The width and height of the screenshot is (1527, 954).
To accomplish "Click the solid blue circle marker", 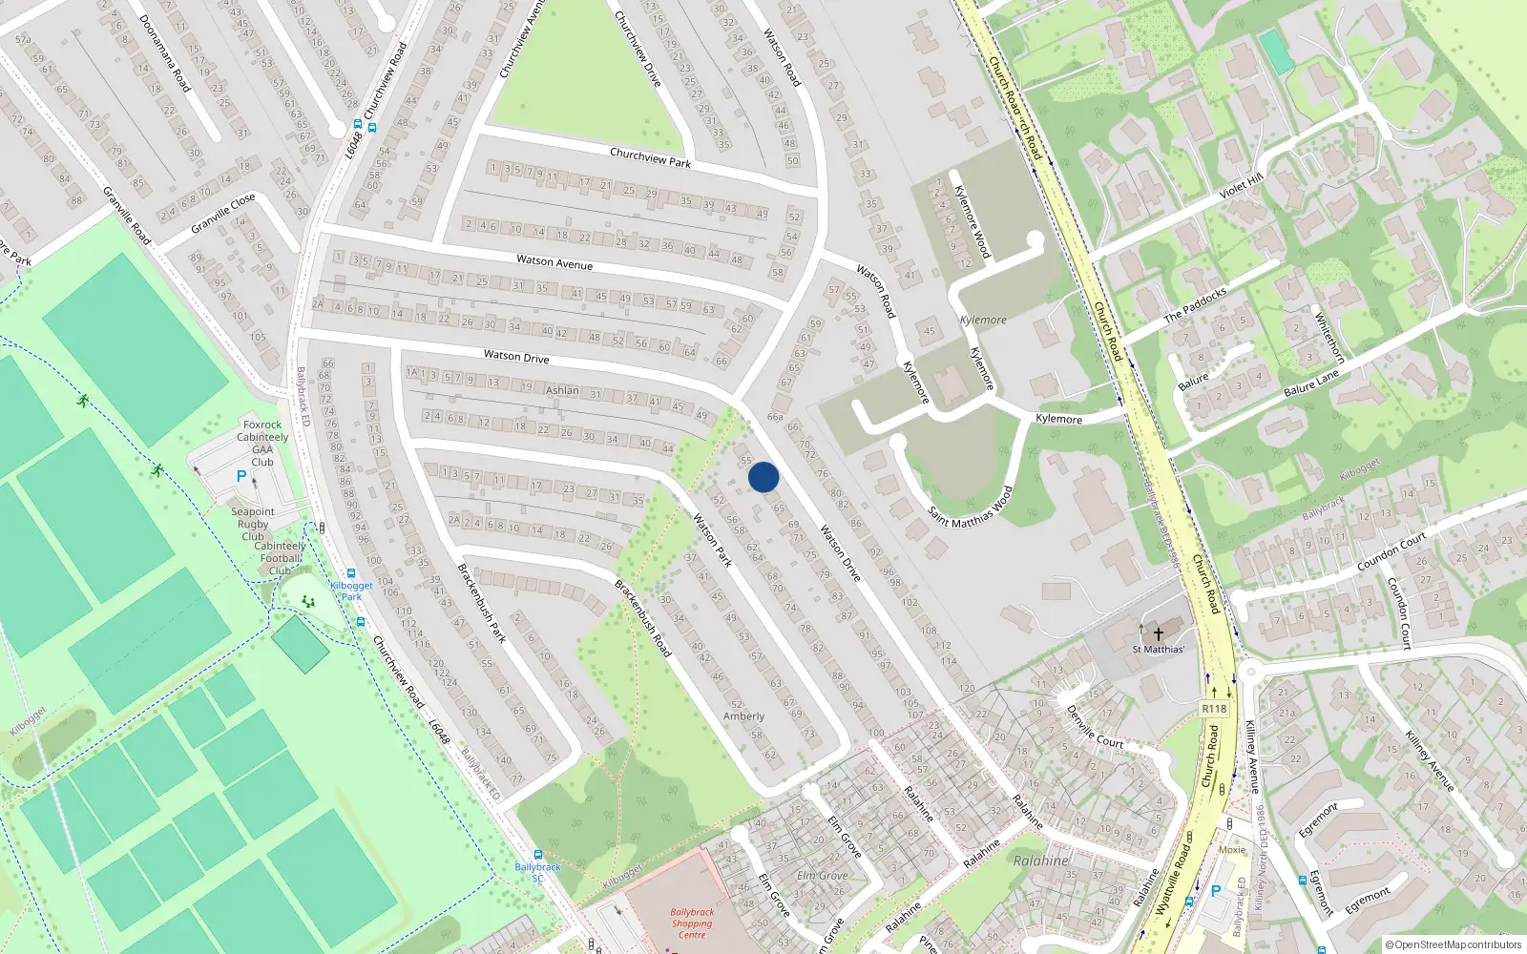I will coord(763,477).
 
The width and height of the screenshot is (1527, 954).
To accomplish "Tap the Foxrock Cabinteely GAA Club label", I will coord(262,444).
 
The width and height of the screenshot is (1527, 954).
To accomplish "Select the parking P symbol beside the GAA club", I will coord(241,476).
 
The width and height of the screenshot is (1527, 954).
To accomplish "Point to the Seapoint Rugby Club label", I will coord(253,524).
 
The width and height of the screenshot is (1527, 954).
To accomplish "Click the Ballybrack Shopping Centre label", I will coord(692,923).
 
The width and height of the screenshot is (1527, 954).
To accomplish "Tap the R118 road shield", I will coord(1214,709).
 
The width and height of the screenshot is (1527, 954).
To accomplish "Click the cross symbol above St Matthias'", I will coord(1159,633).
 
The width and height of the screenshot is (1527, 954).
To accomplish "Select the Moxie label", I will coord(1232,850).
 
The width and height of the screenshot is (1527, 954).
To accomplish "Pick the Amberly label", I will coord(743,716).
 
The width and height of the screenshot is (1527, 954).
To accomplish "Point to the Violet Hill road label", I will coord(1241,186).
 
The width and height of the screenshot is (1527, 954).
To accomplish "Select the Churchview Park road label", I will coord(650,157).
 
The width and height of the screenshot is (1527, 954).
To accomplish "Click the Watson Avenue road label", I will coord(554,261).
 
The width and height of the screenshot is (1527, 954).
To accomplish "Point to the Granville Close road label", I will coord(223,214).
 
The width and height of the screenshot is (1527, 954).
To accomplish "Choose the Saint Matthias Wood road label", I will coord(970,505).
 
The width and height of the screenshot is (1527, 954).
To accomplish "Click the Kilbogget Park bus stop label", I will coord(351,591).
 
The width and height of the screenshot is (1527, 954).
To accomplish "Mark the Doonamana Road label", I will coord(165,53).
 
